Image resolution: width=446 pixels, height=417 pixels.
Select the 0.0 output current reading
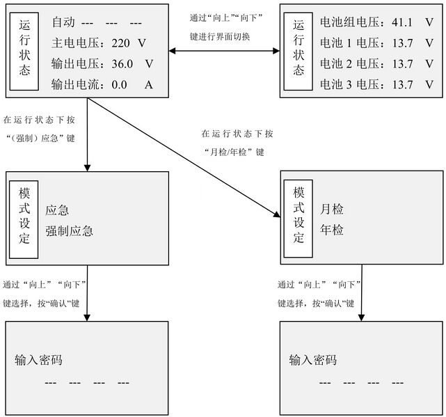(119, 86)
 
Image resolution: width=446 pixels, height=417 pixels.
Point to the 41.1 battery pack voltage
(403, 21)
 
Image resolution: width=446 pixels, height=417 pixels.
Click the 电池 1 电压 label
(350, 42)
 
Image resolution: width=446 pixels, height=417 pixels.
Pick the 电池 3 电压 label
(350, 85)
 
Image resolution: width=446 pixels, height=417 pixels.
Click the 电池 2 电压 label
(350, 64)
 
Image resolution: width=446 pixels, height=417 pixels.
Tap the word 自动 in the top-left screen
(63, 21)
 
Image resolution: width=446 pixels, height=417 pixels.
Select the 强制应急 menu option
(70, 230)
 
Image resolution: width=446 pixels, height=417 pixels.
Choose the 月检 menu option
(332, 209)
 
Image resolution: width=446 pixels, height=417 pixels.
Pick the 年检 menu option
(332, 230)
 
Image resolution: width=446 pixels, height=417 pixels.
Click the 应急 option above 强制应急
(58, 210)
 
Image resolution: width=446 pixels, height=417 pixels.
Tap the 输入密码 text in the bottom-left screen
(39, 360)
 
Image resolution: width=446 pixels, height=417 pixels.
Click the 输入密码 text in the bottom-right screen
(313, 360)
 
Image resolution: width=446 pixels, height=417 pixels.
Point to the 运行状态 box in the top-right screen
(298, 52)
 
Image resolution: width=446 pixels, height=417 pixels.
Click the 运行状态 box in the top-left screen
(24, 52)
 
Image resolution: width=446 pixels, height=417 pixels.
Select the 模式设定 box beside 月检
(299, 214)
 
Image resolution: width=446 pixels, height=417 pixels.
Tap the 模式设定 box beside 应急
(24, 215)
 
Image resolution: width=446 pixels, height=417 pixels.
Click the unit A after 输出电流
(148, 86)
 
